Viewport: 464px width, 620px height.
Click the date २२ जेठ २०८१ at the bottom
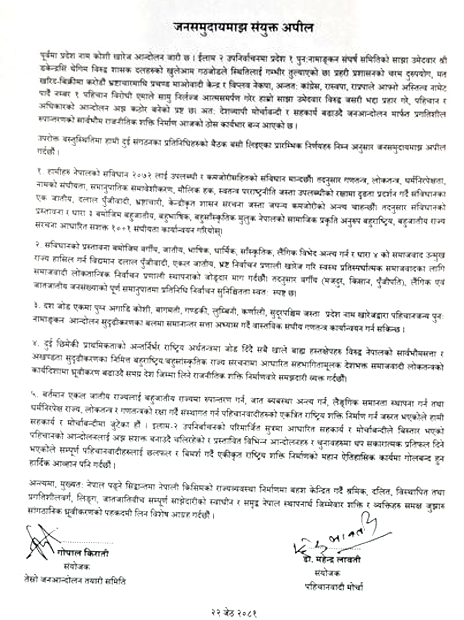tap(234, 613)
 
